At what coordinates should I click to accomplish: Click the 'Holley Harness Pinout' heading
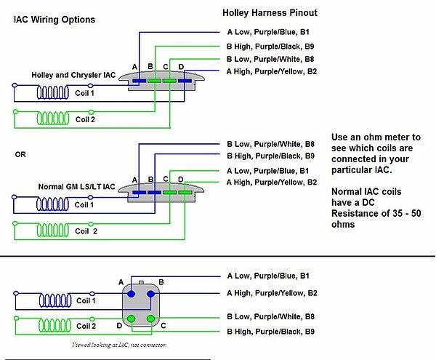pyautogui.click(x=269, y=13)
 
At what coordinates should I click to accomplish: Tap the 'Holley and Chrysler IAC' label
pyautogui.click(x=73, y=75)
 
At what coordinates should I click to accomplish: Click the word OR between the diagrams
pyautogui.click(x=20, y=154)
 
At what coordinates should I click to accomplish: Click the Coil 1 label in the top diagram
pyautogui.click(x=85, y=93)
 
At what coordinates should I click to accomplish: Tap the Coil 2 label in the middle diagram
pyautogui.click(x=86, y=231)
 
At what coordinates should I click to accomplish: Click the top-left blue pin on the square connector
pyautogui.click(x=132, y=294)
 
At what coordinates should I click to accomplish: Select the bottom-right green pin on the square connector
pyautogui.click(x=150, y=319)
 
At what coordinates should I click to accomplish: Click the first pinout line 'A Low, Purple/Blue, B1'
pyautogui.click(x=270, y=32)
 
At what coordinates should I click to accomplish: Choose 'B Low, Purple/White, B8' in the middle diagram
pyautogui.click(x=270, y=144)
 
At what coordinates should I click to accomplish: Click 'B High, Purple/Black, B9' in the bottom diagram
pyautogui.click(x=270, y=332)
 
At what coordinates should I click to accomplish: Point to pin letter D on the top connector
pyautogui.click(x=181, y=67)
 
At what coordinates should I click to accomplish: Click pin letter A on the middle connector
pyautogui.click(x=134, y=179)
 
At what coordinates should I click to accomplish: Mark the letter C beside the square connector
pyautogui.click(x=163, y=325)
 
